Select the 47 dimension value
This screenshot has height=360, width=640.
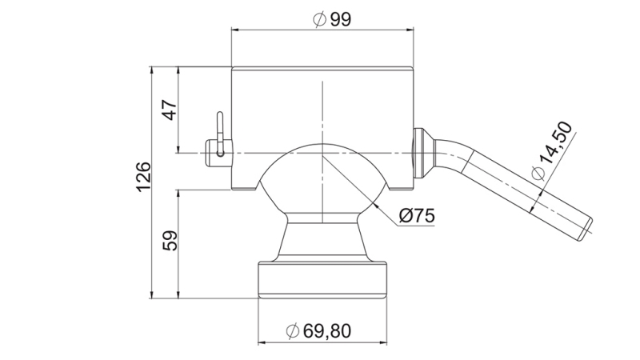point(170,110)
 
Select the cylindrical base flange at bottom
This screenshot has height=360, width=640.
point(322,278)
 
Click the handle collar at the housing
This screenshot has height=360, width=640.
point(422,152)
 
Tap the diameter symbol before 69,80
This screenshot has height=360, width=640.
point(292,330)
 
